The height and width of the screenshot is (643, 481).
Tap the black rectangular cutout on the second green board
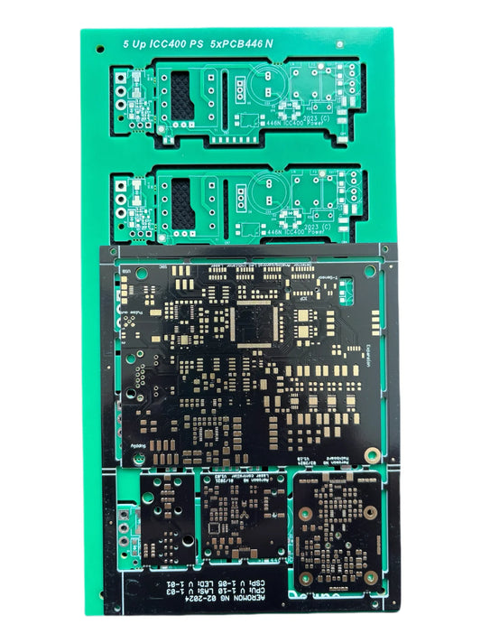pos(182,201)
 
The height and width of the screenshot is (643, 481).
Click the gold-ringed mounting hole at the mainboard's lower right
pos(370,454)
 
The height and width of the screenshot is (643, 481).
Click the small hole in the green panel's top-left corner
pos(96,40)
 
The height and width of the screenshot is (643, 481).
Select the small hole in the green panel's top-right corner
pos(378,41)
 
